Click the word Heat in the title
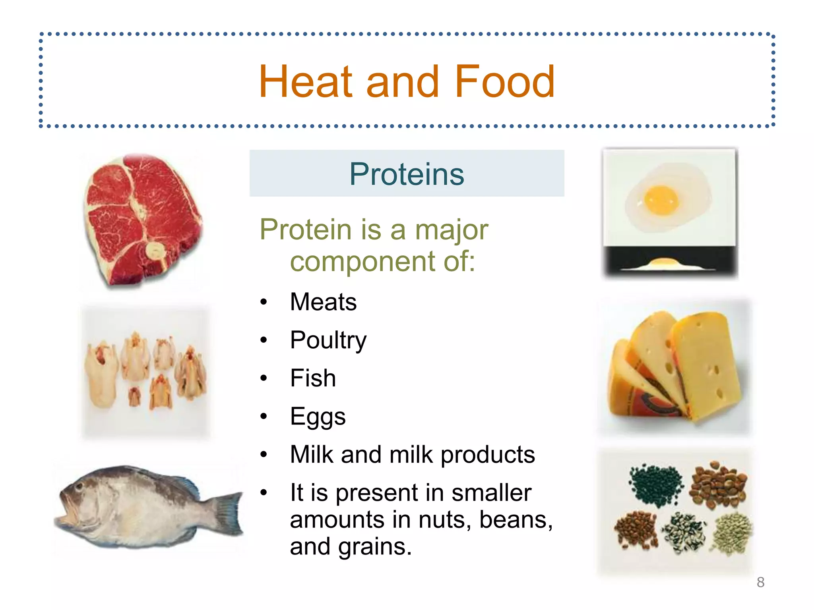(x=305, y=82)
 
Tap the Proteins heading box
(x=407, y=174)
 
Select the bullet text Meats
(x=323, y=302)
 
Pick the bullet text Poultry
(x=328, y=340)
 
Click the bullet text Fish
(x=313, y=378)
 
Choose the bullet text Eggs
(x=318, y=417)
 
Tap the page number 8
(x=760, y=582)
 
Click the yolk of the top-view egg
(x=661, y=200)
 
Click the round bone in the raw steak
(x=155, y=251)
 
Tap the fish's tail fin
(x=229, y=512)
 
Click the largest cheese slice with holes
(x=705, y=365)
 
